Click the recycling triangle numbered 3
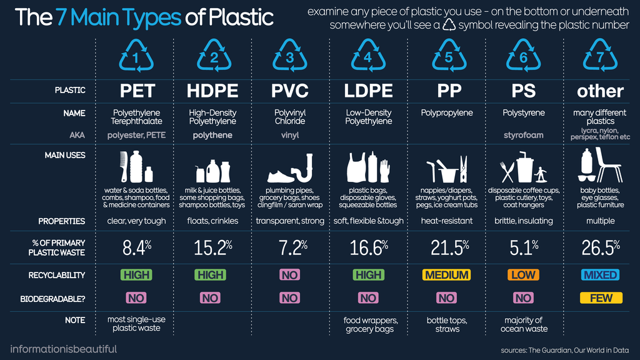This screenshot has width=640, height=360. pos(289,56)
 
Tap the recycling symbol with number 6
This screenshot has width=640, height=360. pos(523,56)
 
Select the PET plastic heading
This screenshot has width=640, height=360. pos(137,91)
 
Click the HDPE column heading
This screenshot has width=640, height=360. pos(212,91)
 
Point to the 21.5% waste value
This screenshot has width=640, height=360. pos(449,248)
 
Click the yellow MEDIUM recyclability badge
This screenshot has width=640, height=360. pos(446,275)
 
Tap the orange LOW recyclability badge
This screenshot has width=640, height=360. pos(523,275)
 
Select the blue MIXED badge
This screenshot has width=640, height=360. pos(600,275)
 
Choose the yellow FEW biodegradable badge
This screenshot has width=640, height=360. pos(601,298)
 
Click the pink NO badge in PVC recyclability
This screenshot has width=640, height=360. pos(289,275)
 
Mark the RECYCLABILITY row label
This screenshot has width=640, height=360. pos(57,275)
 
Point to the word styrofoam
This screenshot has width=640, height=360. pos(523,135)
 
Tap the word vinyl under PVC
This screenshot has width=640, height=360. pos(289,135)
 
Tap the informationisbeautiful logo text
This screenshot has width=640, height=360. pos(63,349)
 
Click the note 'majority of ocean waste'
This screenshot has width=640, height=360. pos(523,324)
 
